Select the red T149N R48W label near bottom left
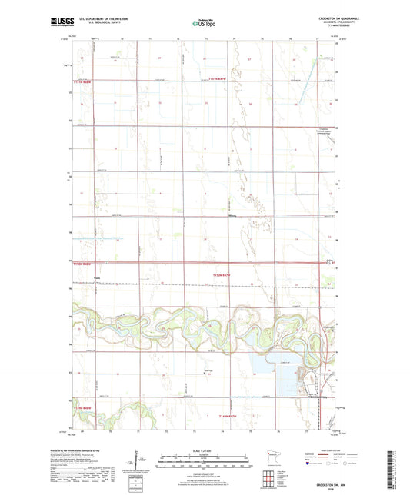(x=82, y=407)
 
